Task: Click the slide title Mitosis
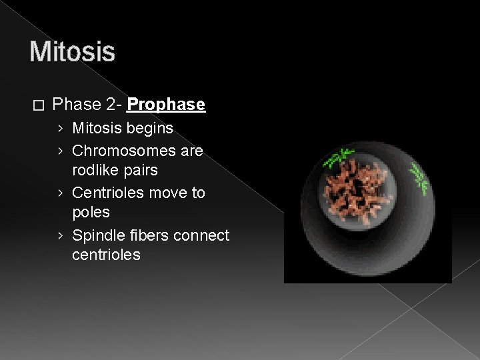click(x=72, y=51)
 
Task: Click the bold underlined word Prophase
click(x=166, y=105)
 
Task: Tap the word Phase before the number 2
click(x=75, y=105)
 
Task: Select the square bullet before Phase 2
click(x=38, y=105)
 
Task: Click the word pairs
click(x=143, y=171)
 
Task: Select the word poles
click(x=91, y=213)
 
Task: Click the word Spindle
click(x=95, y=235)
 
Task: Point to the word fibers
click(x=147, y=235)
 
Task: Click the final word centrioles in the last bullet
click(x=106, y=255)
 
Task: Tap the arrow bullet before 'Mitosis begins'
click(x=61, y=128)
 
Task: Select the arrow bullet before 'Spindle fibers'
click(x=61, y=235)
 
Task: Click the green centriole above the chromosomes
click(x=339, y=158)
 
